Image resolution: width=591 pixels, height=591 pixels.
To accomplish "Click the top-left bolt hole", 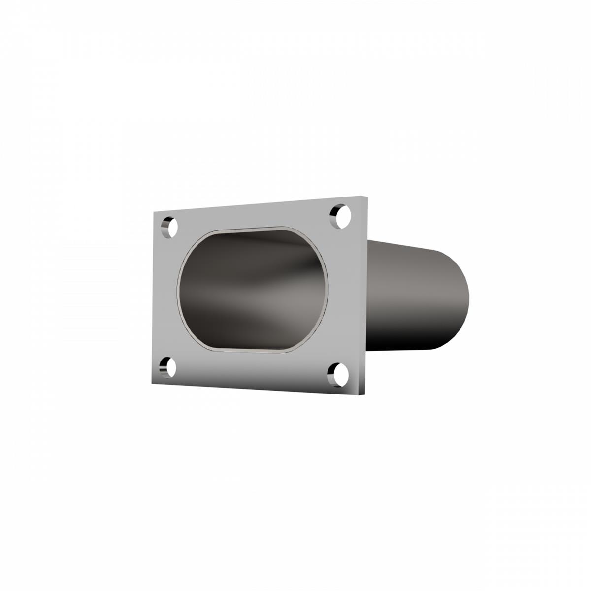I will (169, 227).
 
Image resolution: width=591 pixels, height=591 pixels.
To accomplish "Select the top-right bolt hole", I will (341, 216).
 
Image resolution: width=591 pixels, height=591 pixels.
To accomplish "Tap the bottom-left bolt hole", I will (168, 367).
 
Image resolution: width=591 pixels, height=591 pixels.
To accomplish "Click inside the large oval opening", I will (251, 291).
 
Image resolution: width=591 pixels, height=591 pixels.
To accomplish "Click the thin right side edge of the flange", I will (365, 295).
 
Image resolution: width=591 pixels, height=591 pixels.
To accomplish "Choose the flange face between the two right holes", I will (345, 295).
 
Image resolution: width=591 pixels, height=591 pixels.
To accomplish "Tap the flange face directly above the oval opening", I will (251, 217).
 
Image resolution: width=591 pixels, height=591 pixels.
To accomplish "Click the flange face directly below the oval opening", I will (251, 369).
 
